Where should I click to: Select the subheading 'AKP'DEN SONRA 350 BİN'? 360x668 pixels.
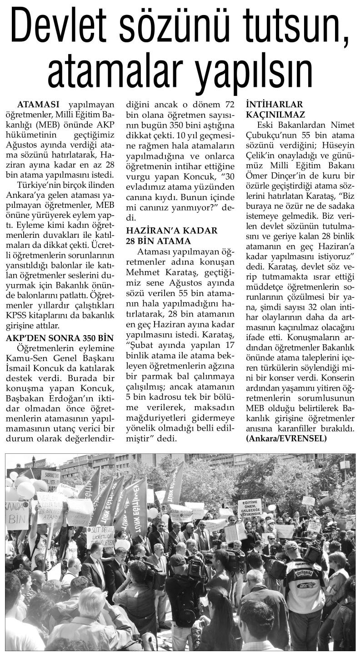(60, 337)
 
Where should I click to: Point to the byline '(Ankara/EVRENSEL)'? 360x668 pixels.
(286, 438)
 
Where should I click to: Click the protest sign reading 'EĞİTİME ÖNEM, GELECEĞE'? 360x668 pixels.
(250, 507)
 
